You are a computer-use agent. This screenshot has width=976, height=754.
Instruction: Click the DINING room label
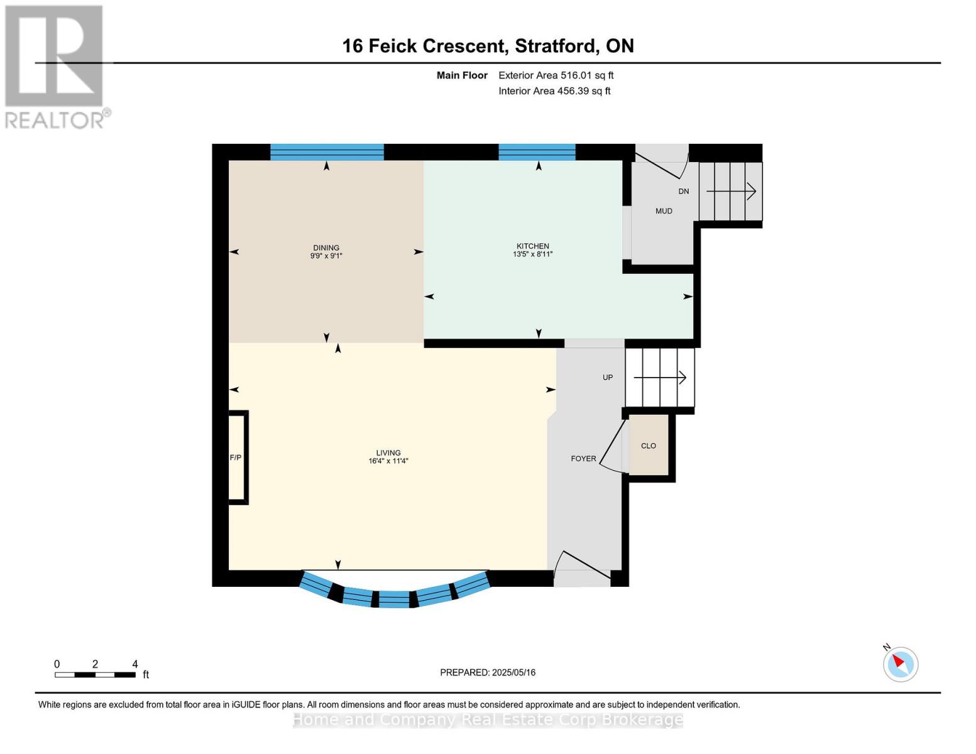[326, 248]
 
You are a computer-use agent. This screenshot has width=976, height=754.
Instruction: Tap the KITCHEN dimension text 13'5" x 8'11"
[533, 254]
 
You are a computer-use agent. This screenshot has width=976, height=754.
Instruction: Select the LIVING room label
[388, 452]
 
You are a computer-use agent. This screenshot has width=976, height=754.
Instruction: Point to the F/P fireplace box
[238, 457]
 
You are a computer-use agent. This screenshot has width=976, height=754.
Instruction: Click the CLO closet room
[648, 445]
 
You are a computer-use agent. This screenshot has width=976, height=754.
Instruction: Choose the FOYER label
[583, 459]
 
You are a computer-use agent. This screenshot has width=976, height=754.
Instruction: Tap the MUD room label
[664, 211]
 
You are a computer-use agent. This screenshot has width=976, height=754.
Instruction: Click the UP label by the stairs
[608, 377]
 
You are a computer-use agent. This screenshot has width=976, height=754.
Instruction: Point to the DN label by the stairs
[684, 191]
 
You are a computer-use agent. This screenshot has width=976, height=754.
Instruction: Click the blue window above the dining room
[327, 152]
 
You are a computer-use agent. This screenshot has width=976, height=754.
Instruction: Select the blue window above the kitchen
[537, 152]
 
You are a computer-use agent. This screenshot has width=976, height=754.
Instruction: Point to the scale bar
[96, 674]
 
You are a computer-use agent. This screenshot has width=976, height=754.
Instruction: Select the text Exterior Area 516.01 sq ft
[556, 75]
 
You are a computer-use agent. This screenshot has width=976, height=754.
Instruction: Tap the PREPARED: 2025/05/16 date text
[488, 672]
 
